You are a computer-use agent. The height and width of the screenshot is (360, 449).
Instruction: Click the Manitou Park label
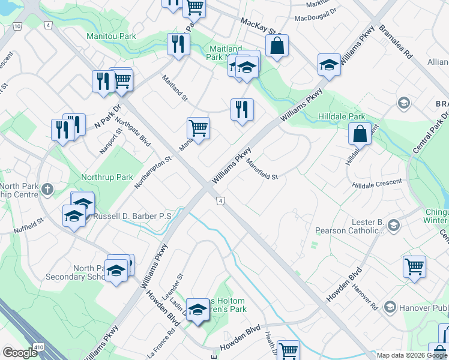111,37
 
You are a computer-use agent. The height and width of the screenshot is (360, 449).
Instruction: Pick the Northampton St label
154,172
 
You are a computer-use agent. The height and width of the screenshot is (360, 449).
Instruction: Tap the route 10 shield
17,26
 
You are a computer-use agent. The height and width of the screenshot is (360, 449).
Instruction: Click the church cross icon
47,190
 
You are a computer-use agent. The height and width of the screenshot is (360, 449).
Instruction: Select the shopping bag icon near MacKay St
277,46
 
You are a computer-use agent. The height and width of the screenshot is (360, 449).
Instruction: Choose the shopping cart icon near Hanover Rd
414,266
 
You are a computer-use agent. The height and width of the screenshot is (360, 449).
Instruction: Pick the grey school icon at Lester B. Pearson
394,226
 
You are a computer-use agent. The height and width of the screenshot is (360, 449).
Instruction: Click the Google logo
20,353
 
